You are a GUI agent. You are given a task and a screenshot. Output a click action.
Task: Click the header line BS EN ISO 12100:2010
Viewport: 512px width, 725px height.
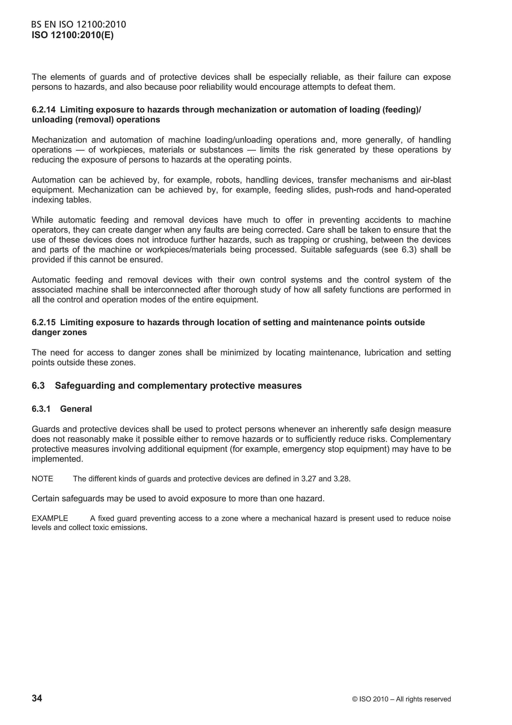click(x=78, y=25)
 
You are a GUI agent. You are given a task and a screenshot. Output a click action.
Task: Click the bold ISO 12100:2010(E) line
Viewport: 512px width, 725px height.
click(x=72, y=35)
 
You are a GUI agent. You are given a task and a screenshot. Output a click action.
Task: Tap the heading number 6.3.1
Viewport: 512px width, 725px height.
click(x=41, y=409)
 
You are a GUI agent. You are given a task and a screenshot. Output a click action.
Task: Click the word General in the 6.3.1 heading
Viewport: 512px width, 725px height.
click(x=76, y=409)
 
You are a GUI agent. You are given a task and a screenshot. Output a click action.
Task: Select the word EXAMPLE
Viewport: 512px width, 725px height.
click(x=50, y=519)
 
